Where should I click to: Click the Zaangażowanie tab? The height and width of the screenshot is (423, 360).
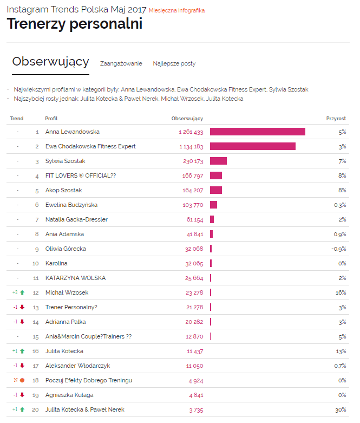[x=121, y=63]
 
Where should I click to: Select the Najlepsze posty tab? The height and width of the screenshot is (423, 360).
[x=174, y=63]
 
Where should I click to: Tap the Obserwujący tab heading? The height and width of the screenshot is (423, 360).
[x=50, y=62]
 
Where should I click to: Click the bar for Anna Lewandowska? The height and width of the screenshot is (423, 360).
[x=257, y=132]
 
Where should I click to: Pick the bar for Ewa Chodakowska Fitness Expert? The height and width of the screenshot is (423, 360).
[x=252, y=146]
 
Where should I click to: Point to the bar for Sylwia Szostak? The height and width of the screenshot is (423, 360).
[x=218, y=161]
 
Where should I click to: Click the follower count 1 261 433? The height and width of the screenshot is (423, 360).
[x=191, y=132]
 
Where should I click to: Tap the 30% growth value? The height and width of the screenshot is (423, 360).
[x=341, y=409]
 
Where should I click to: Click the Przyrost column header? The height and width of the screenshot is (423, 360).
[x=336, y=118]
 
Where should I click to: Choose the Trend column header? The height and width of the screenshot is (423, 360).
[x=17, y=118]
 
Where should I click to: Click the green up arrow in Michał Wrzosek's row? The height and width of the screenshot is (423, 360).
[x=22, y=292]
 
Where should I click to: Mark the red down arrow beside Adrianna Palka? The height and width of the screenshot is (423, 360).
[x=22, y=322]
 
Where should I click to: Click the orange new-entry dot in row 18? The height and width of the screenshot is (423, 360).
[x=22, y=380]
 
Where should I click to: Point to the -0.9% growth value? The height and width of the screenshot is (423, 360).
[x=339, y=249]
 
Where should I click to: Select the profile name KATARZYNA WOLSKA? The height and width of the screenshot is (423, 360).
[x=75, y=278]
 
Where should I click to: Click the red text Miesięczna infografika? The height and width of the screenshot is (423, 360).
[x=176, y=10]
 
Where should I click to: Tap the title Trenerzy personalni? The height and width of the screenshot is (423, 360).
[x=74, y=24]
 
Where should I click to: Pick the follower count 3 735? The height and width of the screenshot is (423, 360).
[x=194, y=409]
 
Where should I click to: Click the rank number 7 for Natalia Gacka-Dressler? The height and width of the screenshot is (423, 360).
[x=37, y=219]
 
